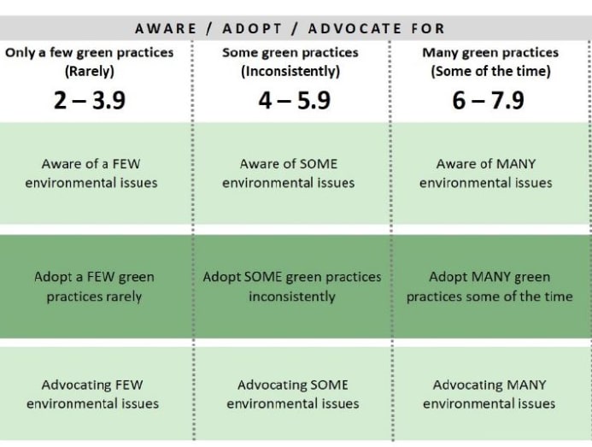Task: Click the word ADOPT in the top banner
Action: tap(252, 29)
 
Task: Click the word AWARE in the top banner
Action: tap(166, 29)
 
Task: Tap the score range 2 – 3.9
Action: tap(90, 101)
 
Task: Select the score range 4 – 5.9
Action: tap(295, 101)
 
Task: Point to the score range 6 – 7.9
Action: tap(488, 101)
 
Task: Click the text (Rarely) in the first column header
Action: tap(90, 71)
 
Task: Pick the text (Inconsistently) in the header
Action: tap(290, 71)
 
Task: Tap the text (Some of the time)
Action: tap(491, 71)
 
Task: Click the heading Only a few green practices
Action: tap(90, 52)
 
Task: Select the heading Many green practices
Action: tap(490, 52)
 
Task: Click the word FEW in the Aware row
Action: tap(126, 164)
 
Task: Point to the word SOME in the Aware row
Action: tap(319, 164)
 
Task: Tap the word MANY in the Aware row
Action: tap(516, 164)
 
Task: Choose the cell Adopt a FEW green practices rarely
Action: tap(94, 287)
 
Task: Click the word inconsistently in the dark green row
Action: tap(292, 297)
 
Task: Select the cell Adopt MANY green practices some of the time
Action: tap(489, 287)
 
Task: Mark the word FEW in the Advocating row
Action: tap(129, 385)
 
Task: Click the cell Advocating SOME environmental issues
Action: tap(293, 395)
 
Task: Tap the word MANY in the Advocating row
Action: tap(526, 385)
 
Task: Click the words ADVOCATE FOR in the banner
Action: tap(377, 29)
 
